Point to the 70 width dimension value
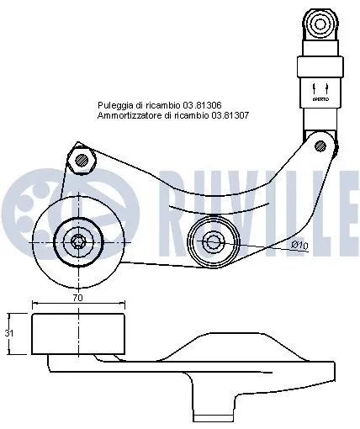[x=77, y=298]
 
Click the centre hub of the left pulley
[x=78, y=243]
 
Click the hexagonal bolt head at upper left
[x=81, y=159]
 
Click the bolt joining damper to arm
[x=320, y=146]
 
